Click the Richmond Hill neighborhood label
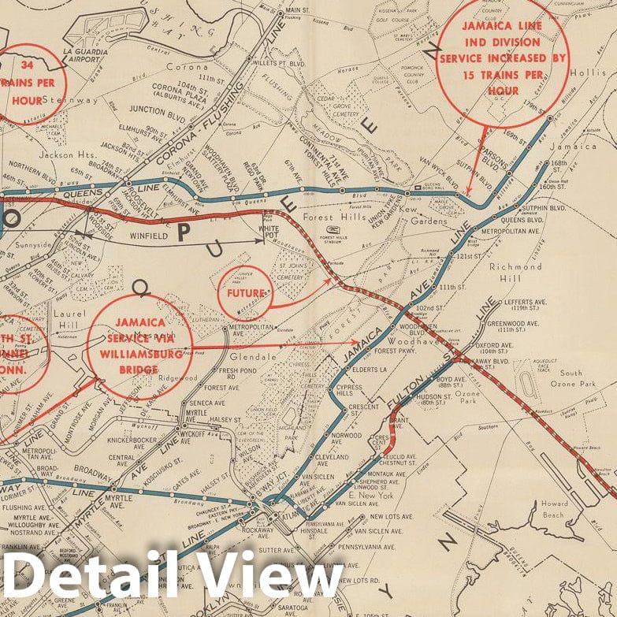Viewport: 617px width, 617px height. (x=515, y=272)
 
